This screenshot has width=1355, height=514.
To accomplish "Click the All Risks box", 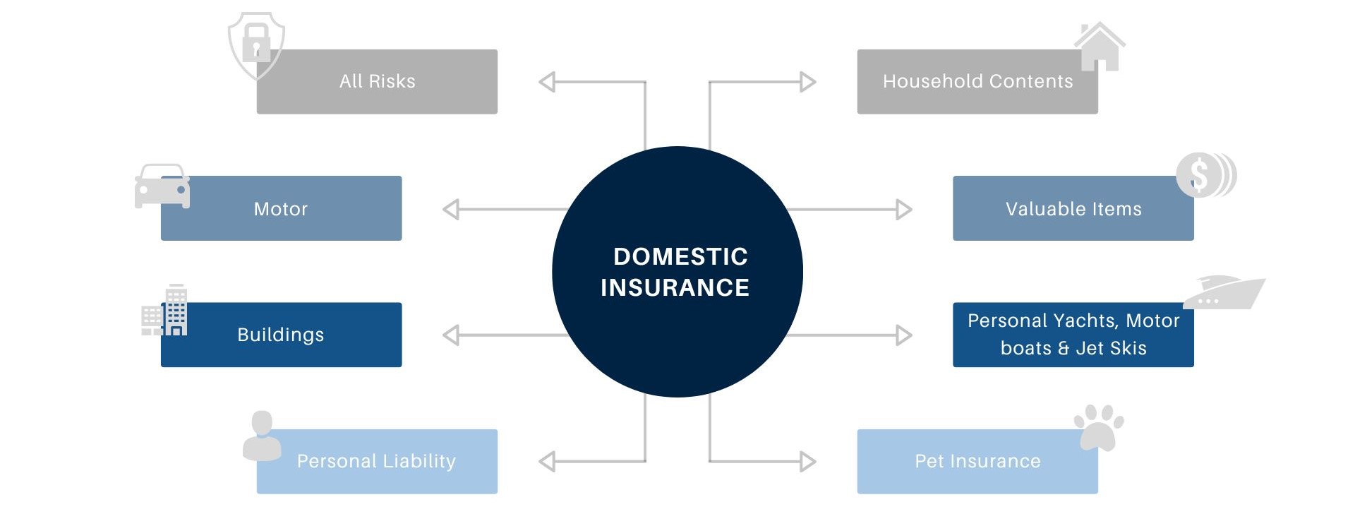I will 377,82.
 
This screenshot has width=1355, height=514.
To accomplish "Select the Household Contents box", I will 977,82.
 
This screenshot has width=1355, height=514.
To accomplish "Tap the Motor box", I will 281,209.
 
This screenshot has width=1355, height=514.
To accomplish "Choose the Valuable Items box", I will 1073,209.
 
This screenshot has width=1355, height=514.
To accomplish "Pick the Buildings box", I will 281,335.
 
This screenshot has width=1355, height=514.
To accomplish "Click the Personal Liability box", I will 377,462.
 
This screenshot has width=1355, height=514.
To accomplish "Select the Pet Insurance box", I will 977,462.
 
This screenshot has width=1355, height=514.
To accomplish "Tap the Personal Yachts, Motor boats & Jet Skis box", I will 1073,335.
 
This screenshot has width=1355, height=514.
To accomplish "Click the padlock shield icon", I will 255,44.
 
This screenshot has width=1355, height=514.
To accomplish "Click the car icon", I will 162,186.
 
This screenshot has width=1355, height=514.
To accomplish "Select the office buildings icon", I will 165,311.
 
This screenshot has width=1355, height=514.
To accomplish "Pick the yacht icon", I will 1223,292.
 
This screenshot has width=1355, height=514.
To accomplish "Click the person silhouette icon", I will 261,436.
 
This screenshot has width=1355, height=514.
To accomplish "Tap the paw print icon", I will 1098,426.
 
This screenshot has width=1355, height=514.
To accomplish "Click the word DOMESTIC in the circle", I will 680,256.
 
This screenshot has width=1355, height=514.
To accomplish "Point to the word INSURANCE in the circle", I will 675,288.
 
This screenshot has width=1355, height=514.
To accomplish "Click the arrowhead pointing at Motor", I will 450,210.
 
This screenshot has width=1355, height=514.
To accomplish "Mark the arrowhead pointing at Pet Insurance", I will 808,462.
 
